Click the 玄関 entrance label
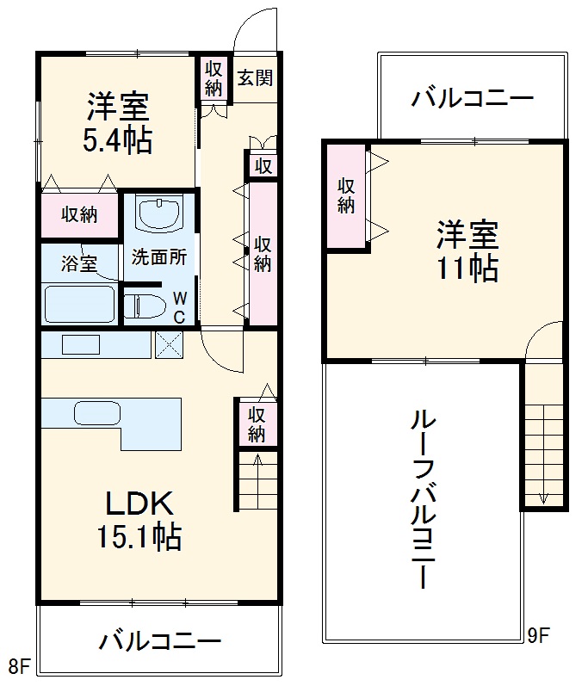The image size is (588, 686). [255, 77]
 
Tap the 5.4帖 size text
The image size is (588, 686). [118, 139]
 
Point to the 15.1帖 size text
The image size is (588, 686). [139, 537]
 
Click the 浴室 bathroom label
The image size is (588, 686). [78, 263]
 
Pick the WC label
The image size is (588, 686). [179, 306]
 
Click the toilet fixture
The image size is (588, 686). [147, 305]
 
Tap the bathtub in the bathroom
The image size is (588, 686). [79, 303]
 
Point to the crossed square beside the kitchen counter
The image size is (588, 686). [170, 343]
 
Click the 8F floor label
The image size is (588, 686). [19, 665]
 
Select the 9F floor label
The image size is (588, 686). [538, 637]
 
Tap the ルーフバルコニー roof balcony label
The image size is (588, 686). [424, 499]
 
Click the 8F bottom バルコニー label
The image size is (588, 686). [159, 641]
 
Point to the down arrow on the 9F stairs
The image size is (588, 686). [543, 497]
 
